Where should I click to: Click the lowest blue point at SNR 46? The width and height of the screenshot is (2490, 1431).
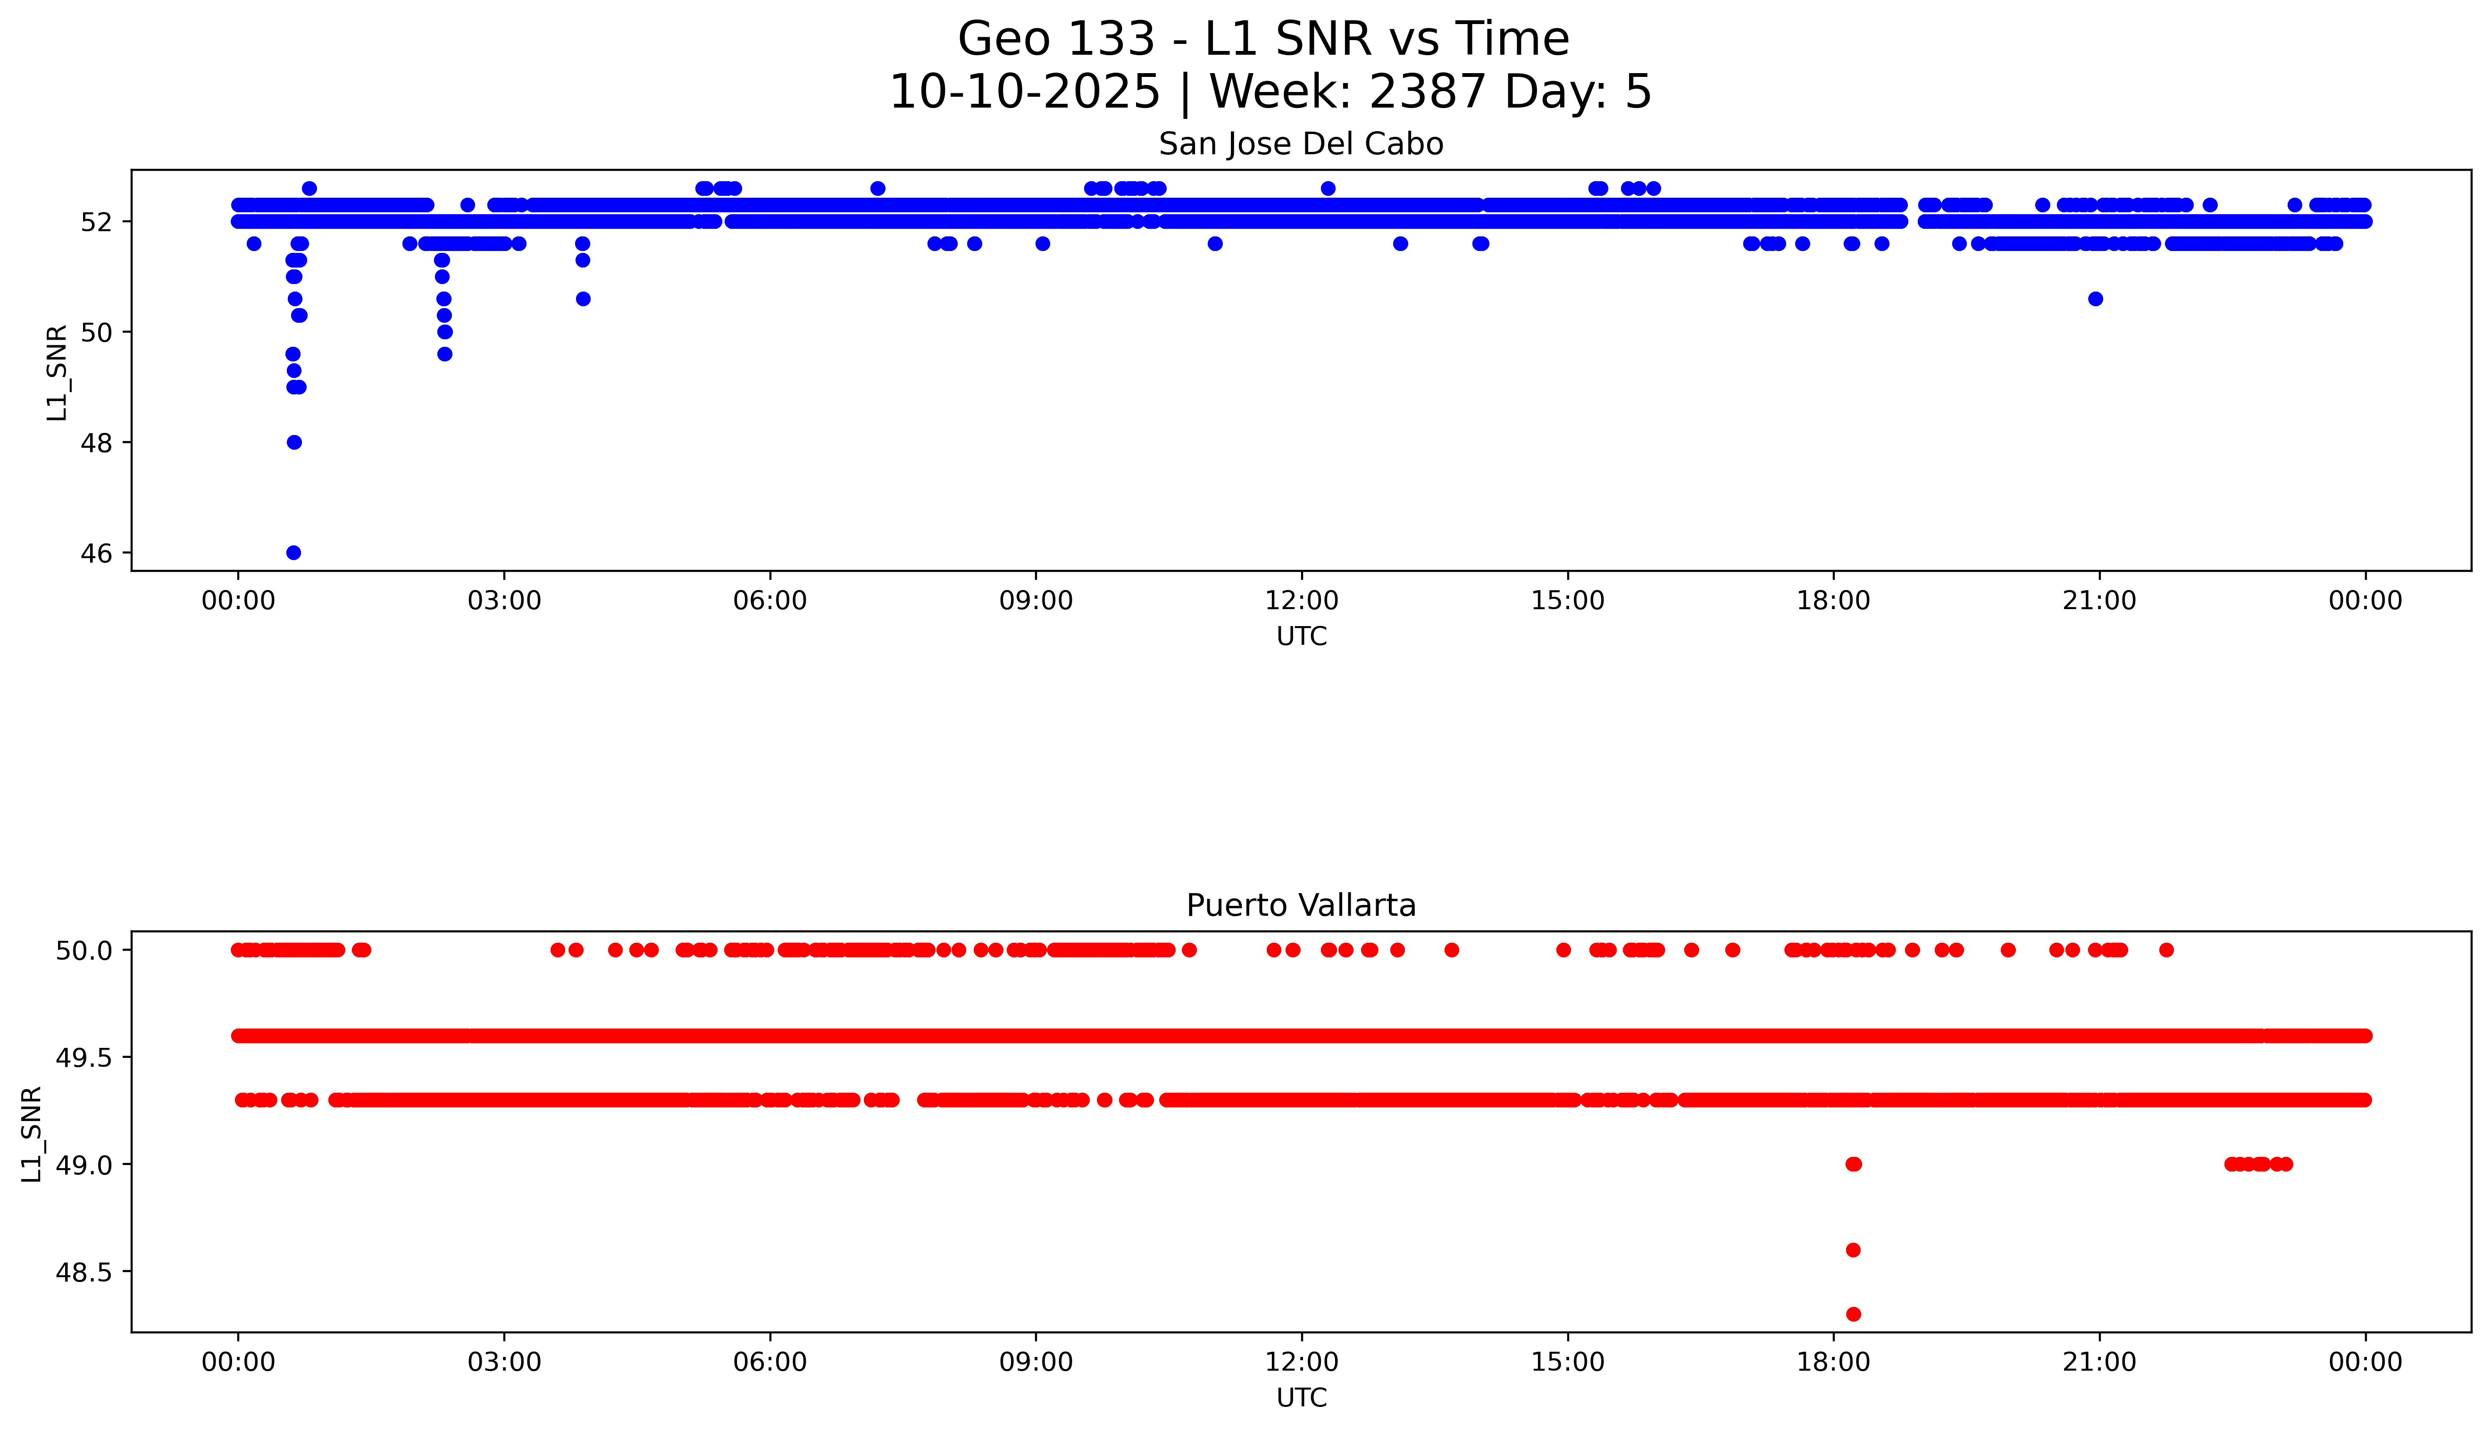293,552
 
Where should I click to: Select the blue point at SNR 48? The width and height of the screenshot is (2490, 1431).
294,442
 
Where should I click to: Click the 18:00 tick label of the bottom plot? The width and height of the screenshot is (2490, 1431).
1833,1362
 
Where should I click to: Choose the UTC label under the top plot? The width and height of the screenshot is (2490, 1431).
1301,637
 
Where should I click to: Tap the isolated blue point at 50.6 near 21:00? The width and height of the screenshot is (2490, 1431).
2095,299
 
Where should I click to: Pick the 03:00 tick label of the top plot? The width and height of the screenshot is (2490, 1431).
504,601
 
